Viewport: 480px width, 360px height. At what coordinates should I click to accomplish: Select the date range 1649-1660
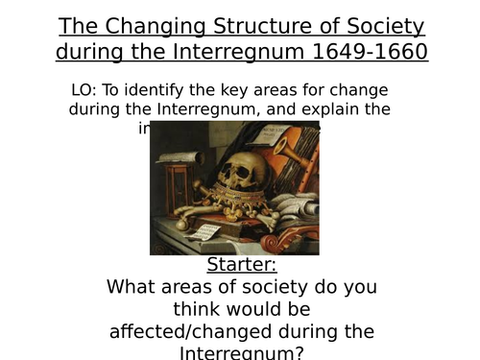[376, 51]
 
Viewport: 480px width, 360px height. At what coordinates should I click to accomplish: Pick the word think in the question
[199, 309]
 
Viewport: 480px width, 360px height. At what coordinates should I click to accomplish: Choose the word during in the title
[89, 51]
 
